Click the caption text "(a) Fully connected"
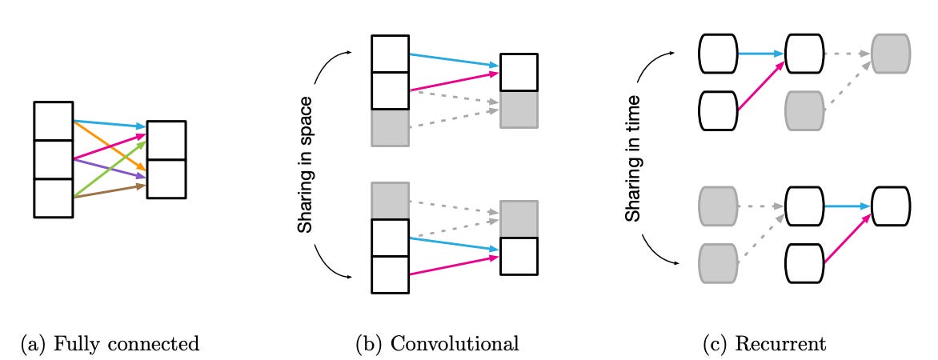tap(109, 345)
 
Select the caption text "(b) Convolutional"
tap(437, 345)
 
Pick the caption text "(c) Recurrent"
tap(764, 345)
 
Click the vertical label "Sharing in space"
tap(305, 166)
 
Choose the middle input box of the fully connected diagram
tap(53, 159)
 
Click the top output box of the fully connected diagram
tap(166, 140)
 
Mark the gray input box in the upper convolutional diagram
tap(391, 128)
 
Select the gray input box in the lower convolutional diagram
tap(391, 200)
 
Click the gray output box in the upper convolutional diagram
tap(519, 110)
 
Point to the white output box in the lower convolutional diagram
tap(519, 256)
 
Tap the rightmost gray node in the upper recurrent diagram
tap(890, 53)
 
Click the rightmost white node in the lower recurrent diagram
tap(890, 206)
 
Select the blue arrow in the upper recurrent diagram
tap(760, 54)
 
